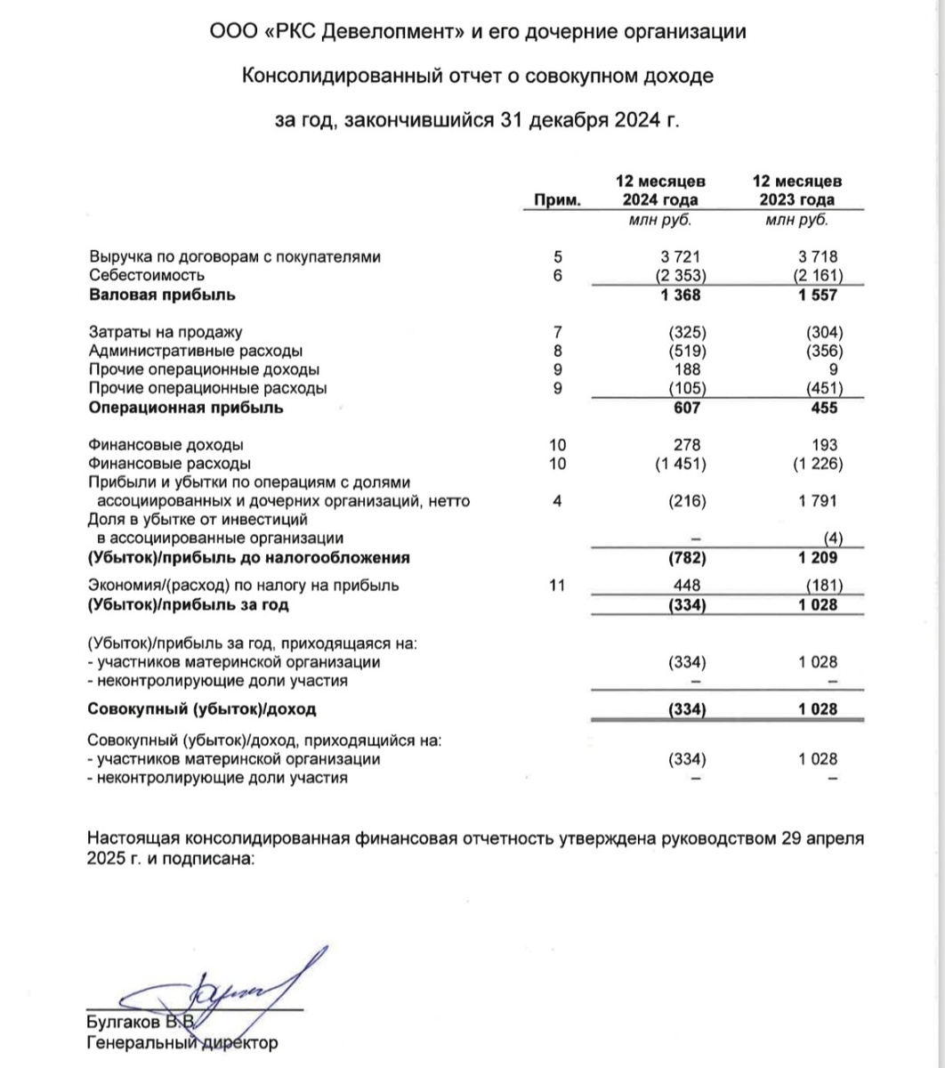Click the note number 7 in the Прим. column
558,333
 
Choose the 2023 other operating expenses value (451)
821,388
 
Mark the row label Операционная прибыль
185,408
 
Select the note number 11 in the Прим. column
558,586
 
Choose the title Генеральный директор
182,1041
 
